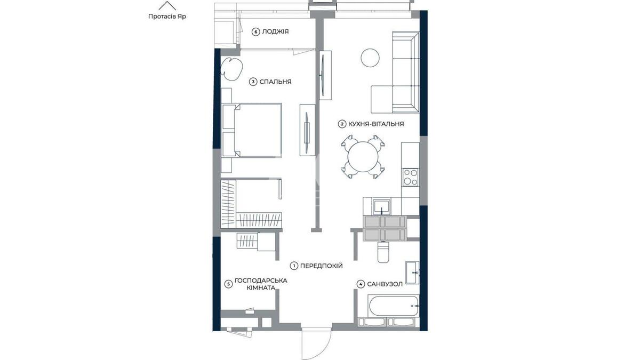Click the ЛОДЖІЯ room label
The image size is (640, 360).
[275, 31]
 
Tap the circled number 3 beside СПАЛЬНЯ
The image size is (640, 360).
[253, 82]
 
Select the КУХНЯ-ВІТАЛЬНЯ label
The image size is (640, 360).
[376, 124]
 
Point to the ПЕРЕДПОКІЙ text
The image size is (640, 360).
[321, 266]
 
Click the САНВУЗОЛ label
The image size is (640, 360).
[385, 284]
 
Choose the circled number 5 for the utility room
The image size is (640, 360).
[228, 284]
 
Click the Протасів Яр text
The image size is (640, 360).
[167, 17]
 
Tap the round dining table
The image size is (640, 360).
[363, 157]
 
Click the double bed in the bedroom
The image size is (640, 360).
[252, 130]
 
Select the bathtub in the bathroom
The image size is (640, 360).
[394, 307]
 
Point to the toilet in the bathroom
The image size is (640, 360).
[383, 252]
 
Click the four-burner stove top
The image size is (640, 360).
[410, 177]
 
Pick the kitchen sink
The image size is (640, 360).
[381, 207]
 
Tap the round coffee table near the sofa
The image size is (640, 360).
[370, 58]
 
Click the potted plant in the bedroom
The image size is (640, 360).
[231, 69]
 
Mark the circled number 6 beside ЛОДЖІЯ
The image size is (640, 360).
[255, 31]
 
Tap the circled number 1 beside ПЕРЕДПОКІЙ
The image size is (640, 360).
[294, 266]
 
